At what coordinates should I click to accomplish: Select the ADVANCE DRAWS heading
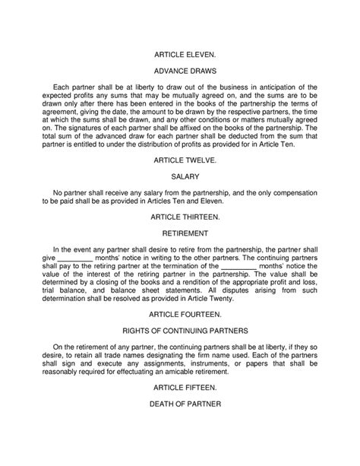point(180,71)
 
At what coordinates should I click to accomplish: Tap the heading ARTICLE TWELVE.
point(180,160)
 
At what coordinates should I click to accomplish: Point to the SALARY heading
point(180,176)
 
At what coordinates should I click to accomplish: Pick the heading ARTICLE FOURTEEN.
point(180,311)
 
